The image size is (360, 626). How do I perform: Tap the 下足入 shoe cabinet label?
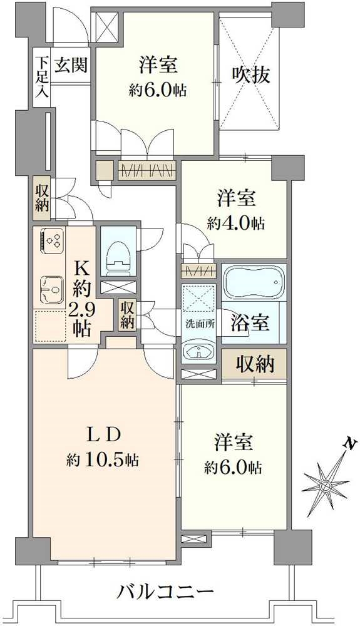[x=41, y=75]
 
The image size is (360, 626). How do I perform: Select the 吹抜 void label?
[x=252, y=75]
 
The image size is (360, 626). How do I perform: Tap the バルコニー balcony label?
[x=166, y=591]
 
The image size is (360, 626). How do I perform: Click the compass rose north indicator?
[x=326, y=485]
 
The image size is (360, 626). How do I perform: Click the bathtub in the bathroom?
[x=254, y=281]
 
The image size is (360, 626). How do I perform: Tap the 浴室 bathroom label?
[x=254, y=323]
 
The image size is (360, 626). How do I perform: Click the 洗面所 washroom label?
[x=198, y=326]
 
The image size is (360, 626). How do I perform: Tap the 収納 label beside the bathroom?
[x=255, y=365]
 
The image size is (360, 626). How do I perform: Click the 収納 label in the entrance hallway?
[x=41, y=198]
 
